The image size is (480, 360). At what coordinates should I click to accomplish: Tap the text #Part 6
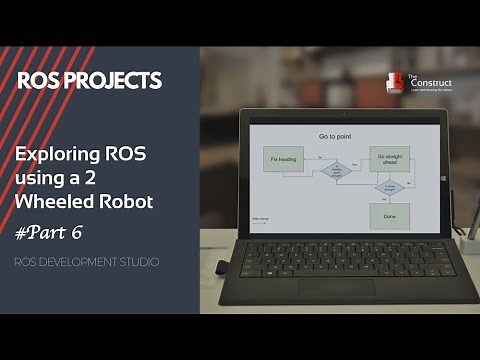[51, 232]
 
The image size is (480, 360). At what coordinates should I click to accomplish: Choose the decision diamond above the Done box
[389, 187]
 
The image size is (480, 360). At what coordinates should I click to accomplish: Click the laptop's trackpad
[334, 288]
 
